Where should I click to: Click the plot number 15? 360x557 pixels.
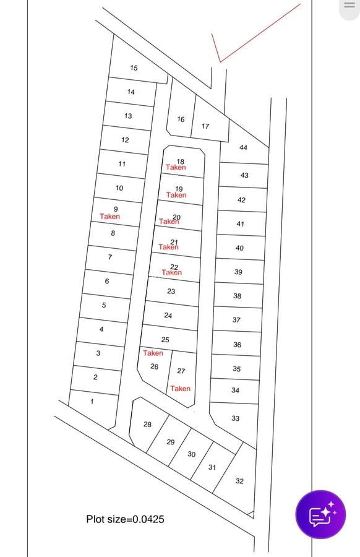(x=134, y=68)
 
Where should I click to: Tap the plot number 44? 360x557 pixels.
(x=243, y=148)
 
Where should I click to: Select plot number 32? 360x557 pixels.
(x=239, y=481)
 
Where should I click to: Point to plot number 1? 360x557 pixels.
(x=92, y=402)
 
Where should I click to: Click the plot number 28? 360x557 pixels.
(x=147, y=424)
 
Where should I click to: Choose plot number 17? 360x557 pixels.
(x=205, y=126)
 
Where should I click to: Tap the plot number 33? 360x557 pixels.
(x=236, y=418)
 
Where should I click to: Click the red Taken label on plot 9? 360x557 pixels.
(x=110, y=217)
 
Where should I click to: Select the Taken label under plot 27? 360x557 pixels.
(x=181, y=389)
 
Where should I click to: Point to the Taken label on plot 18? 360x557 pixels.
(x=176, y=168)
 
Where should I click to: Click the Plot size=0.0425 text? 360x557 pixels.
(x=126, y=519)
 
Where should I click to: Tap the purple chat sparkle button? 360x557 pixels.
(x=320, y=514)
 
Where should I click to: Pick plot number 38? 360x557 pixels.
(x=238, y=296)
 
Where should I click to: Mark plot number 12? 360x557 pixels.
(x=125, y=140)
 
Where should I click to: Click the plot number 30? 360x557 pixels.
(x=191, y=454)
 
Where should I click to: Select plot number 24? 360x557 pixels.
(x=168, y=316)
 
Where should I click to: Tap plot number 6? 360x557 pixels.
(x=107, y=281)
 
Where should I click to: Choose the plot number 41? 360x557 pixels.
(x=240, y=224)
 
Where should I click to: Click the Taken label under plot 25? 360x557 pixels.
(x=153, y=353)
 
